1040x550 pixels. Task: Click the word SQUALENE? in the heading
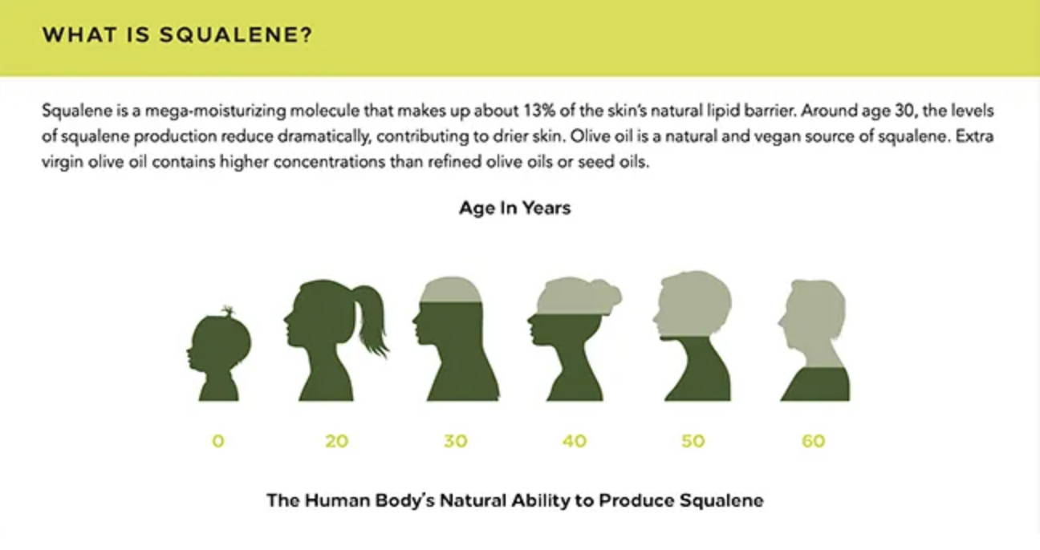(x=236, y=34)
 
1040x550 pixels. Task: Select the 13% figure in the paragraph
(x=540, y=111)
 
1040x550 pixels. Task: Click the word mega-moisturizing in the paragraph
(x=215, y=111)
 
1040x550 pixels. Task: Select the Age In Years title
(x=515, y=208)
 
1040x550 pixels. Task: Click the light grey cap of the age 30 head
(x=451, y=290)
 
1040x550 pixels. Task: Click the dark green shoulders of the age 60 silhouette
(x=816, y=385)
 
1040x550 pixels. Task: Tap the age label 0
(x=218, y=440)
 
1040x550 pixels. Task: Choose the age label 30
(x=456, y=440)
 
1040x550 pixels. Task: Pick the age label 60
(x=814, y=440)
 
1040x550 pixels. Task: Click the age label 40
(x=575, y=440)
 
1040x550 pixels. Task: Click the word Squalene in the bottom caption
(x=721, y=501)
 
